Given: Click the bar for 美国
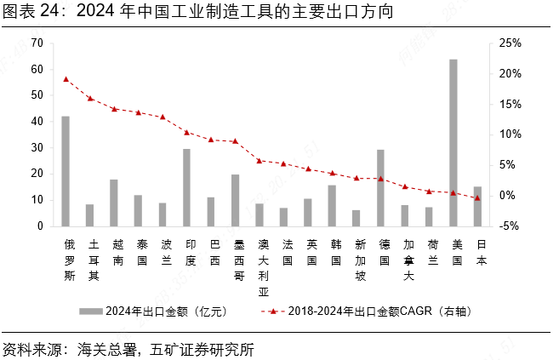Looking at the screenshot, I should click(453, 143).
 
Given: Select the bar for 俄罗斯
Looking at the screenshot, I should click(66, 171).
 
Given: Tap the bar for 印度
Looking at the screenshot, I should click(186, 187).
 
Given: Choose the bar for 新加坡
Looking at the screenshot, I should click(357, 218).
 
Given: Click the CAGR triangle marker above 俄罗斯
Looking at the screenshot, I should click(66, 79).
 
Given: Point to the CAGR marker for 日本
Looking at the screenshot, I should click(477, 198).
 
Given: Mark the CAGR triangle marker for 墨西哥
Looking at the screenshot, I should click(235, 141).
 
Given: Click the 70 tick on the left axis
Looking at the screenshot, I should click(37, 43).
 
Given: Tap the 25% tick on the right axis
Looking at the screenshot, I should click(511, 43).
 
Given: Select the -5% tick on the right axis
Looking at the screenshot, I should click(511, 226).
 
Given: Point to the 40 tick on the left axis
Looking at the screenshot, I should click(37, 122).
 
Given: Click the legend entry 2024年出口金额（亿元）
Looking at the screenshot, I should click(163, 311).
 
